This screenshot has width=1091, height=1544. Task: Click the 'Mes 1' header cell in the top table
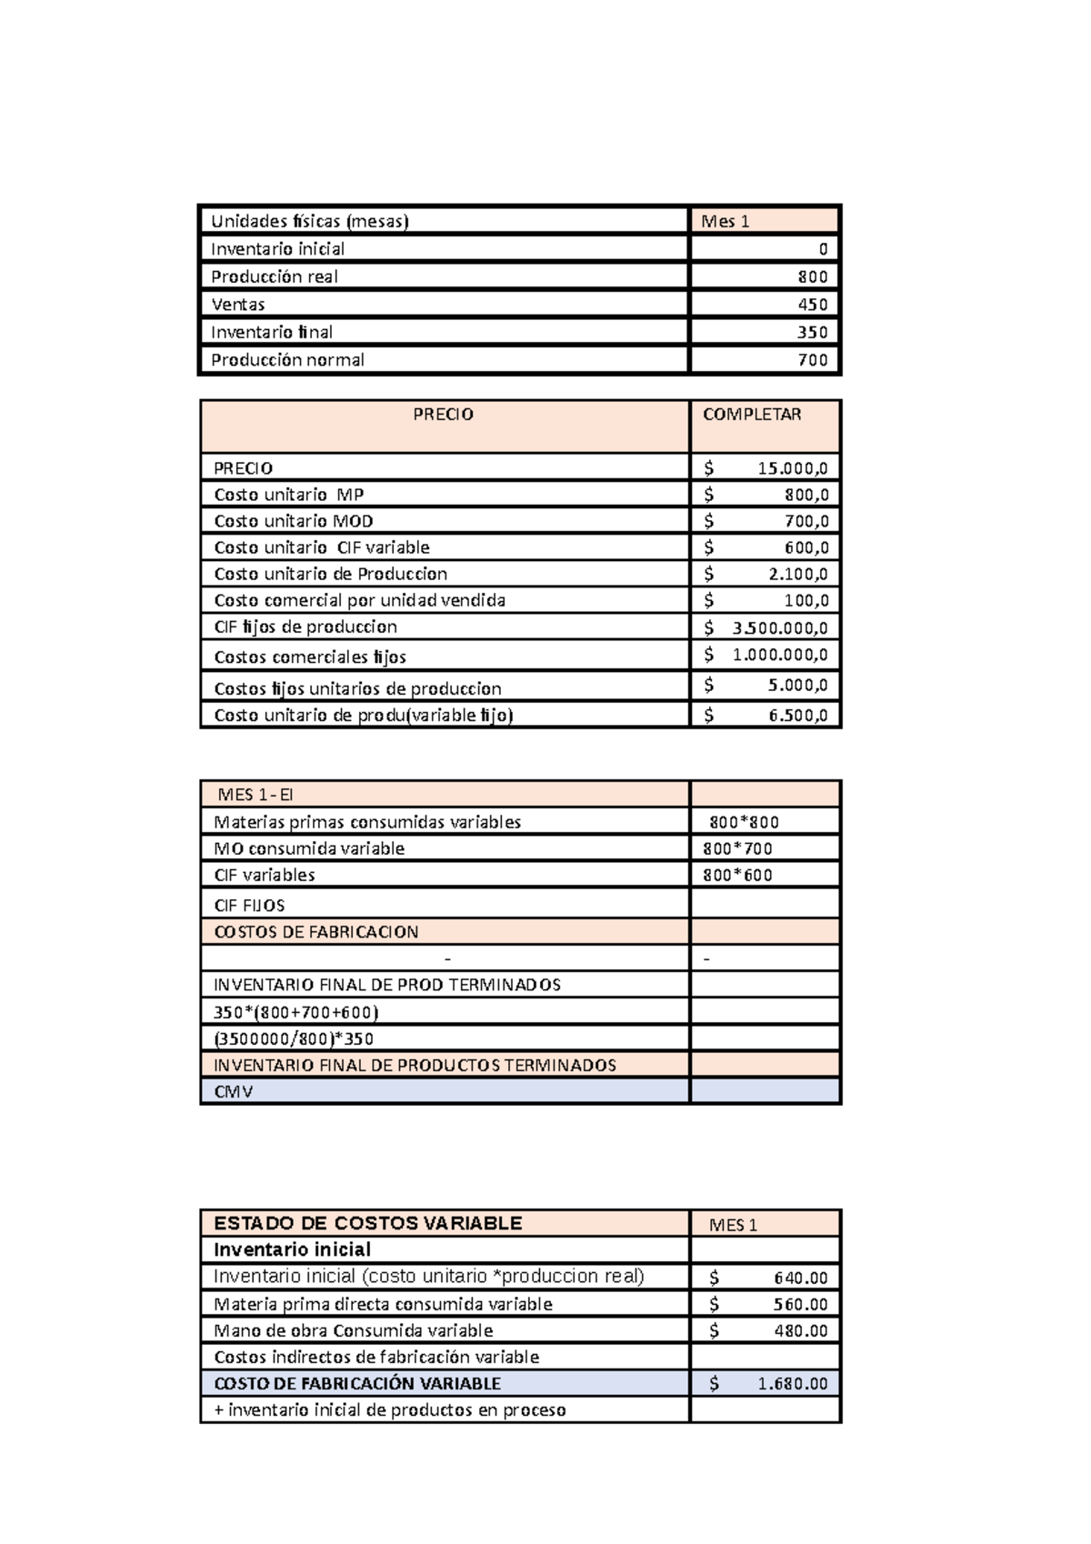coord(726,221)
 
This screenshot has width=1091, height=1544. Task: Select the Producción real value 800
coord(812,276)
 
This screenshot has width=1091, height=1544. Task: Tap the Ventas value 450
coord(812,305)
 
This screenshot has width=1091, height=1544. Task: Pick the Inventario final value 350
coord(812,332)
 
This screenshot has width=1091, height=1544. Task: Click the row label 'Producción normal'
coord(287,360)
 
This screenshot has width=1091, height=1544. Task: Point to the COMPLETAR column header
coord(752,415)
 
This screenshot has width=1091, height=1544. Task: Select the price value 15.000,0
coord(792,468)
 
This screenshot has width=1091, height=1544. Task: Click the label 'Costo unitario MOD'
coord(293,521)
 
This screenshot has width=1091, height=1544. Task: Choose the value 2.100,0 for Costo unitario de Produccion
coord(797,574)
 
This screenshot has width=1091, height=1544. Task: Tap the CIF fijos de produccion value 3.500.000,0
coord(779,627)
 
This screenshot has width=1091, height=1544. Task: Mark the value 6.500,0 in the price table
coord(797,716)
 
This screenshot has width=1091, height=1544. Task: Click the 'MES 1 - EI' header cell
coord(255,795)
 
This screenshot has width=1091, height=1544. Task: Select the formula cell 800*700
coord(737,848)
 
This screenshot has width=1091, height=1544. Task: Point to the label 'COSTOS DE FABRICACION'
coord(315,932)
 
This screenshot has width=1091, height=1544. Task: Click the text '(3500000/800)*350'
coord(293,1038)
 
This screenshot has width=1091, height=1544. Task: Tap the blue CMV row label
coord(233,1091)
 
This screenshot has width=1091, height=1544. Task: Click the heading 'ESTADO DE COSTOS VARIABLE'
coord(367,1223)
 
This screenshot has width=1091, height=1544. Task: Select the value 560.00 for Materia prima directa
coord(800,1304)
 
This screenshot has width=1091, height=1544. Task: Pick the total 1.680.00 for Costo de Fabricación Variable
coord(792,1384)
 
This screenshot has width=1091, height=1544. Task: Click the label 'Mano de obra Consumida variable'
coord(353,1330)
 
